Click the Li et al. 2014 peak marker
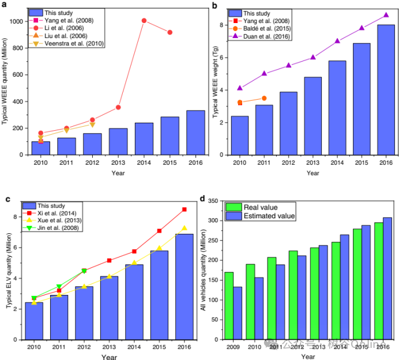click(144, 21)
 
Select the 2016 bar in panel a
click(195, 132)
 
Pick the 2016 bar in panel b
click(386, 90)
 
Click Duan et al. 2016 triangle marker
click(386, 15)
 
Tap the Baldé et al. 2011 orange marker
click(264, 98)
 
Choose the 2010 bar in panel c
click(34, 320)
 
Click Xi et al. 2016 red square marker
click(184, 209)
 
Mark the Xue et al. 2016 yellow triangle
click(184, 228)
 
